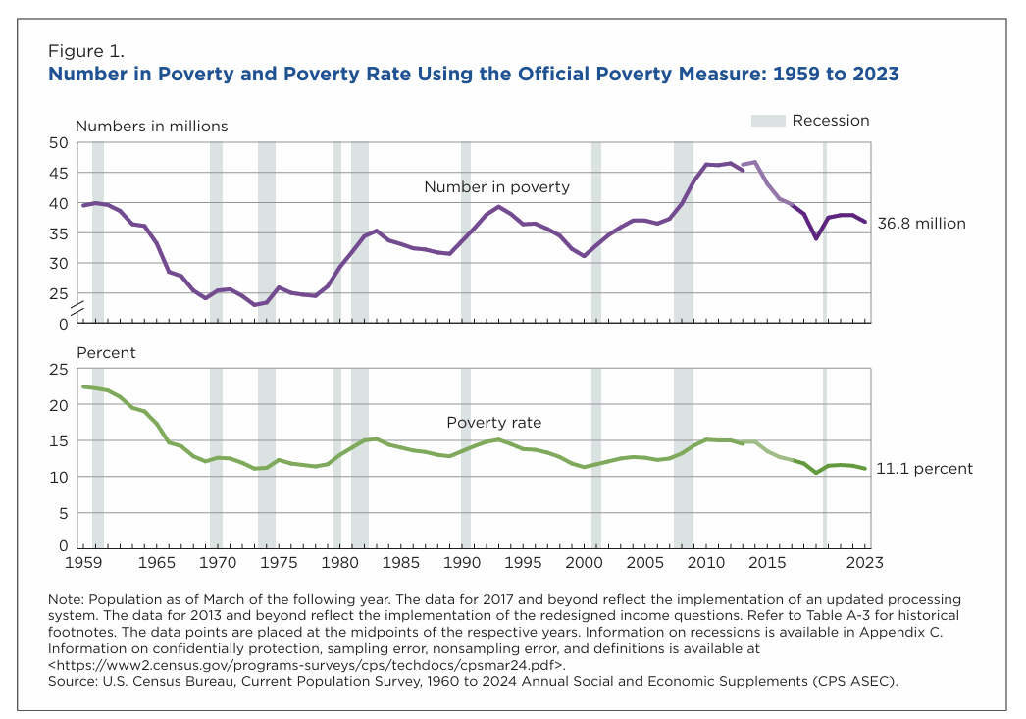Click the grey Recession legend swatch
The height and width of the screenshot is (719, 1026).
point(768,121)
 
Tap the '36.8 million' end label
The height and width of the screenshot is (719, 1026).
point(921,224)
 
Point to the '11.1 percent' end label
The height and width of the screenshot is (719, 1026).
point(925,469)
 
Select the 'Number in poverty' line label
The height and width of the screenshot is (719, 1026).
point(496,186)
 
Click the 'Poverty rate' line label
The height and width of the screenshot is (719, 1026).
point(493,423)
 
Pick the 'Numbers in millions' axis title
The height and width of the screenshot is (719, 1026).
point(151,126)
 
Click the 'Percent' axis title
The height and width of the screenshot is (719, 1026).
point(105,352)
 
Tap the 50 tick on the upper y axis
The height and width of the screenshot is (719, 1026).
point(58,143)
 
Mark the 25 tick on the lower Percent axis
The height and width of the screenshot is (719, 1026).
point(58,369)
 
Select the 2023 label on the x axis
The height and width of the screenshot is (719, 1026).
point(864,563)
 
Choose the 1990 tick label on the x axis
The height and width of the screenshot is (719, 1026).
point(462,563)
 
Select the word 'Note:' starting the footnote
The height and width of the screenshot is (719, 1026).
point(69,600)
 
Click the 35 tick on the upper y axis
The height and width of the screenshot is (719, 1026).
point(58,233)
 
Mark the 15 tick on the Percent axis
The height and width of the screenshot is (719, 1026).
point(58,440)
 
